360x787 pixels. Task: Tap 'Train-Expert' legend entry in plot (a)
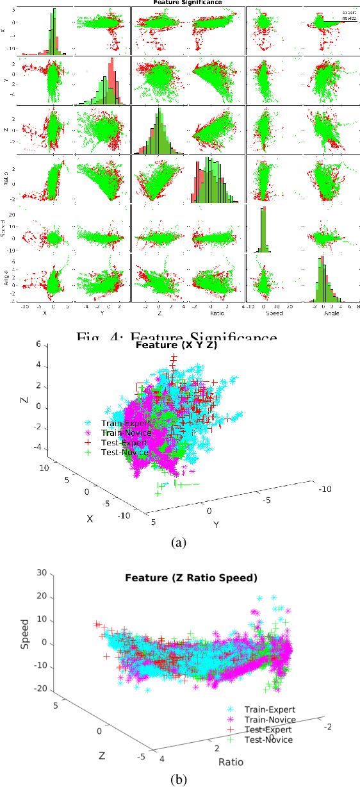click(x=126, y=423)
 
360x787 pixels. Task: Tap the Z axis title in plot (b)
click(x=101, y=756)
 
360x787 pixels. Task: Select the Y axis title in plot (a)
click(x=217, y=524)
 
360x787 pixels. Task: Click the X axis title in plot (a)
click(x=90, y=518)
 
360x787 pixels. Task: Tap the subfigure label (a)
click(x=179, y=543)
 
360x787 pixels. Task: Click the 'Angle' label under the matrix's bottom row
click(x=331, y=313)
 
